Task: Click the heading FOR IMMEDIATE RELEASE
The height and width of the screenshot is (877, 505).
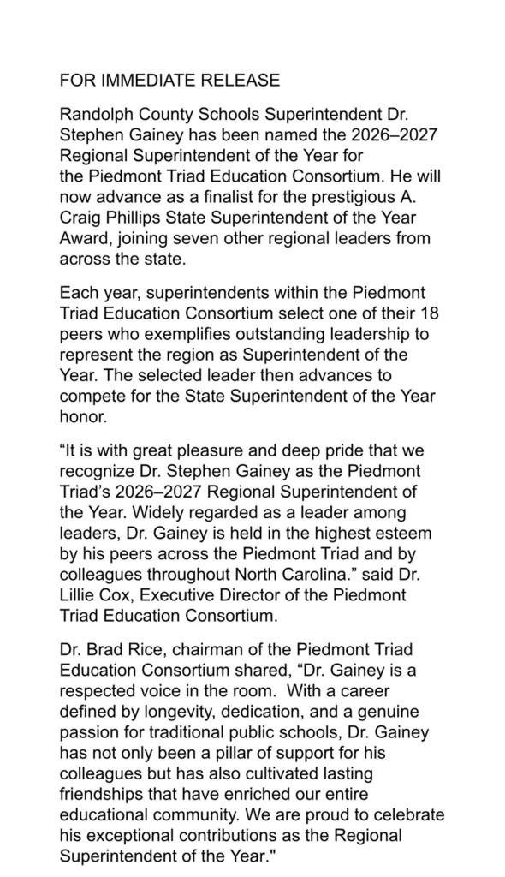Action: (169, 81)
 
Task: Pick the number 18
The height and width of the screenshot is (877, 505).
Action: (425, 313)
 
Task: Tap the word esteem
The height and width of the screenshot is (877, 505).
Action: (407, 533)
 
